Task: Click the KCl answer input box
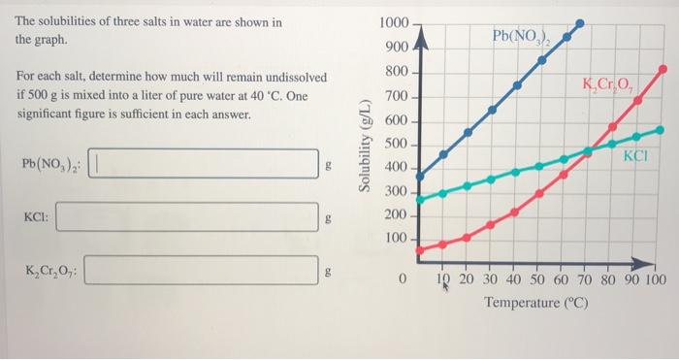tap(186, 217)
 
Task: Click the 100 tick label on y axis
tap(396, 239)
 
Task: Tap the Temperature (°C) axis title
tap(537, 304)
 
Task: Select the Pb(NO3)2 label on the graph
tap(522, 38)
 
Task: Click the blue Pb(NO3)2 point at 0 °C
tap(419, 176)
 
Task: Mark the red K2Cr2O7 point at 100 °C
tap(663, 69)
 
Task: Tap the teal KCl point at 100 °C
tap(661, 129)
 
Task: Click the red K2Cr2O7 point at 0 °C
tap(419, 250)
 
